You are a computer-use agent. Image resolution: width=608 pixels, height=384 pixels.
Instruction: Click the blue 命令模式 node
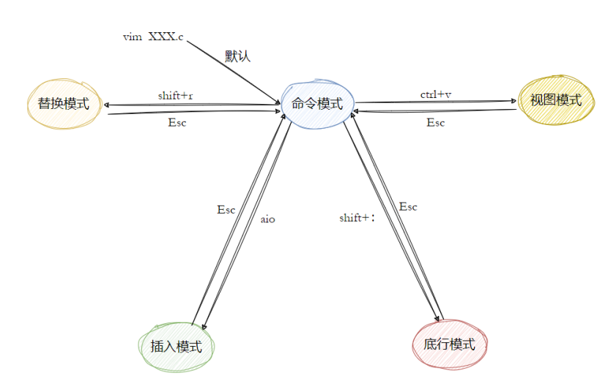(317, 104)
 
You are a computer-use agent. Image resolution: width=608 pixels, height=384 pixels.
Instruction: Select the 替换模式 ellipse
(62, 103)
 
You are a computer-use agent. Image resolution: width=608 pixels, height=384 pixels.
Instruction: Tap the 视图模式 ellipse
(555, 100)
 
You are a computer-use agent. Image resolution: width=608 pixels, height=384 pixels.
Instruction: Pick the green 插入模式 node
(176, 346)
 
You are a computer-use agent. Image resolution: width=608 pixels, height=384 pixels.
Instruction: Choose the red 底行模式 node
(449, 344)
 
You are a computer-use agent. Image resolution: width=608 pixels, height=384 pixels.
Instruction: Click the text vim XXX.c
(153, 37)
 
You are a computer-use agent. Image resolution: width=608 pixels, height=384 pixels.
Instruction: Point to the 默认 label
(237, 56)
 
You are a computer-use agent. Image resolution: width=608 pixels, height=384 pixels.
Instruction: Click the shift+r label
(176, 96)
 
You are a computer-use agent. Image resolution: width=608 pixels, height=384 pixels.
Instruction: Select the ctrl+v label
(436, 94)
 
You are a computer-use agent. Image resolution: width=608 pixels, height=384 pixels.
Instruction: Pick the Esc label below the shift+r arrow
(177, 122)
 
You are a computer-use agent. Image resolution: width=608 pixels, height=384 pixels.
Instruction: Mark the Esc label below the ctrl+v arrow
(436, 122)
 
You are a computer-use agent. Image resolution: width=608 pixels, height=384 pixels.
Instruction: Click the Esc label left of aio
(226, 209)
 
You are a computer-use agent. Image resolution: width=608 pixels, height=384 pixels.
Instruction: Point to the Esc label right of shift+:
(408, 207)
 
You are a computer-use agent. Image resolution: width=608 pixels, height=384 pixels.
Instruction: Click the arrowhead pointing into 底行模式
(437, 317)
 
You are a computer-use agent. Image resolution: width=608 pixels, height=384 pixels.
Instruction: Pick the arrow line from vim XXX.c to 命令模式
(231, 69)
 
